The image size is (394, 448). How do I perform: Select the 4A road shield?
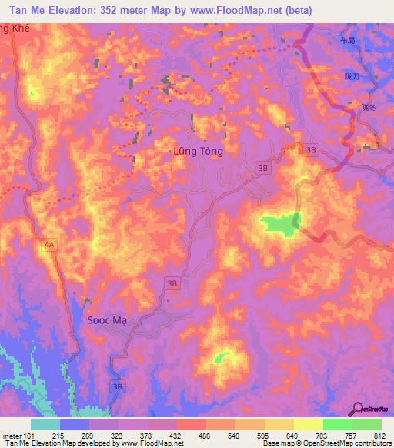(50, 245)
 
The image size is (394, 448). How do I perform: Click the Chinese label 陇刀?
(352, 77)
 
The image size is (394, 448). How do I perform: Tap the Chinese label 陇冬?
(368, 108)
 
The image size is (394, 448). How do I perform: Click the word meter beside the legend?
(11, 436)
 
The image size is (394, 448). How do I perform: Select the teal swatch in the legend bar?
(45, 424)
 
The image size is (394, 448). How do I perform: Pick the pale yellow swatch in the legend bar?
(308, 424)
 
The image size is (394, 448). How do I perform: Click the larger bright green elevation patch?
(280, 224)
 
